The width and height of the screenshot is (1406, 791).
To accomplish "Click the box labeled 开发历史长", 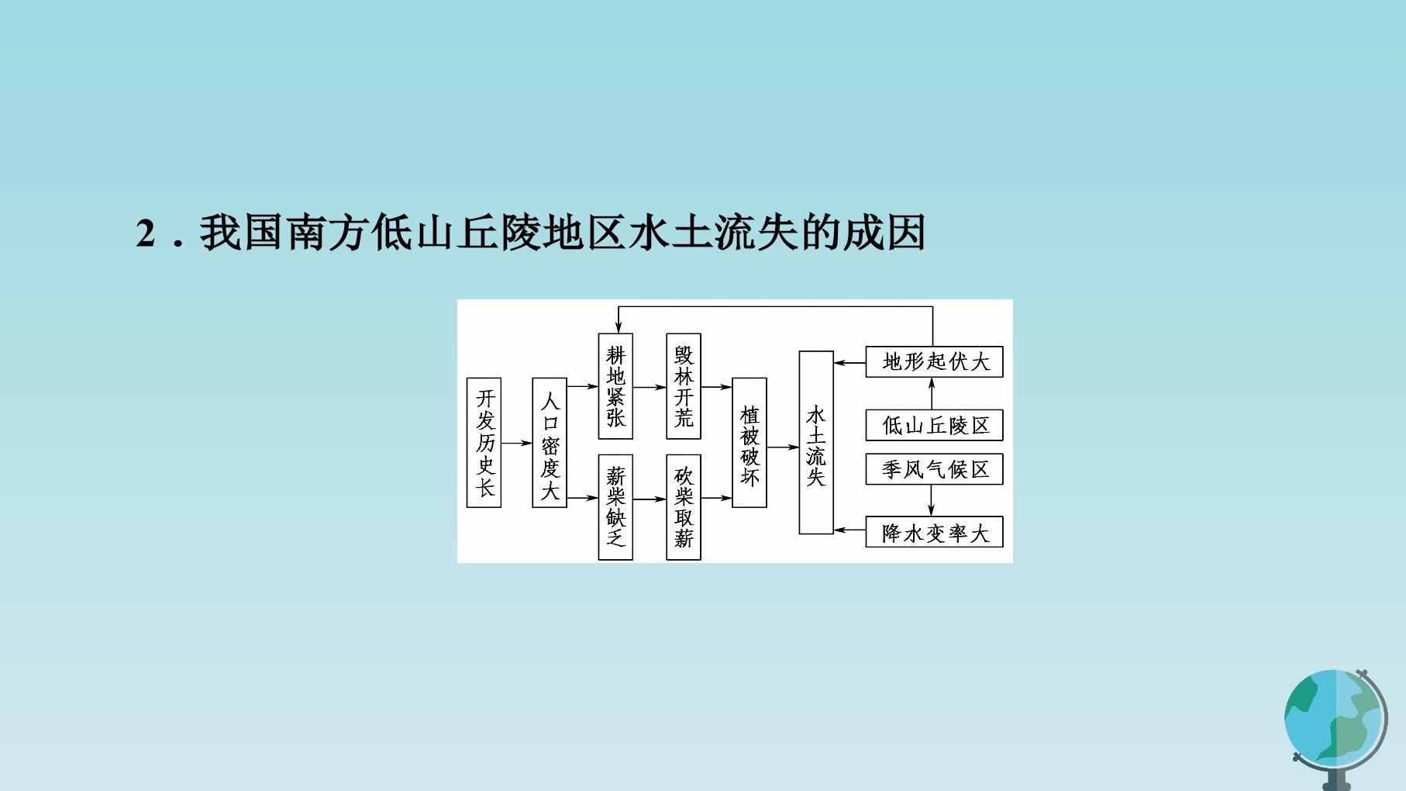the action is pyautogui.click(x=484, y=443).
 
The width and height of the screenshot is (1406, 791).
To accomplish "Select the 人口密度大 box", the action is pyautogui.click(x=550, y=443).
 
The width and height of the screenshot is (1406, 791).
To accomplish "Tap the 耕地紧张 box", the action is pyautogui.click(x=615, y=386).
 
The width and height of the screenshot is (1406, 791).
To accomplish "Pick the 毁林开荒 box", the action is pyautogui.click(x=684, y=386).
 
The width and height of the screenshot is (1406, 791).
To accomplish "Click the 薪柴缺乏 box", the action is pyautogui.click(x=615, y=507).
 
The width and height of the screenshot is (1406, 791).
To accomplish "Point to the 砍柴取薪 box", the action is pyautogui.click(x=684, y=507).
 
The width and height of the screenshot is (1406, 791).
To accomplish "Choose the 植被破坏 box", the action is pyautogui.click(x=750, y=443).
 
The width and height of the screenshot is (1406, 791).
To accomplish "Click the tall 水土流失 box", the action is pyautogui.click(x=816, y=443).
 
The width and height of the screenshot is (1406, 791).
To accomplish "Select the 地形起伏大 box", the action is pyautogui.click(x=934, y=362).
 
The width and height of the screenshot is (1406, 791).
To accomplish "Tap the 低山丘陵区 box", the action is pyautogui.click(x=934, y=425).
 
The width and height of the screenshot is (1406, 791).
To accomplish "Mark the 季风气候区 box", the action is pyautogui.click(x=934, y=469).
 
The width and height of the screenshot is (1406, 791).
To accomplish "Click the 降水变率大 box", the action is pyautogui.click(x=934, y=532).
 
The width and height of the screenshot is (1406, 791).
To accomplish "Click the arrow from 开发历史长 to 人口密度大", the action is pyautogui.click(x=517, y=444).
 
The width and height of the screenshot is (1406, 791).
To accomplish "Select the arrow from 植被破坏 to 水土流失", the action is pyautogui.click(x=783, y=447).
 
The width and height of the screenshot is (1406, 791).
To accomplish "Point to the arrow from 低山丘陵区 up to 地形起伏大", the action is pyautogui.click(x=932, y=393).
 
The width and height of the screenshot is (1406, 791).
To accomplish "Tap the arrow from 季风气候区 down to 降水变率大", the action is pyautogui.click(x=932, y=500).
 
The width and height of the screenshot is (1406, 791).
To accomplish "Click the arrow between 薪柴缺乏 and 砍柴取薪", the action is pyautogui.click(x=650, y=499).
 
